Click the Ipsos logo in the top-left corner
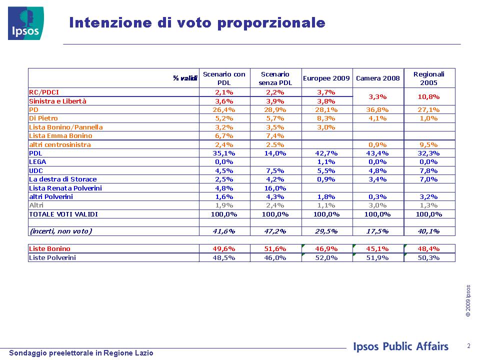(25, 23)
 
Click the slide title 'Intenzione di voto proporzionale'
(197, 22)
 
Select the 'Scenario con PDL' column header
(224, 78)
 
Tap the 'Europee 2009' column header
(326, 78)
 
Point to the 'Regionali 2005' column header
(428, 78)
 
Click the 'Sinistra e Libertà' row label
(57, 101)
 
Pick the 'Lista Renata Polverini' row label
(65, 188)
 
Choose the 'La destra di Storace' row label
(63, 179)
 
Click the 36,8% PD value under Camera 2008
(377, 109)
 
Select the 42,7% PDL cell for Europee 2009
(326, 153)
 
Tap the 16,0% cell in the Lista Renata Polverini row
(275, 188)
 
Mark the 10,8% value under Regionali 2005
(428, 96)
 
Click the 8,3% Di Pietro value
(326, 118)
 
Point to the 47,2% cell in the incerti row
(275, 231)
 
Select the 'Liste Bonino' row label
(49, 248)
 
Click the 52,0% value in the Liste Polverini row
(326, 258)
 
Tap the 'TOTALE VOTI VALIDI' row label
(63, 214)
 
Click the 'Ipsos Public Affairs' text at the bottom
(400, 346)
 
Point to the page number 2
(468, 346)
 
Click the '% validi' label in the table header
(185, 78)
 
